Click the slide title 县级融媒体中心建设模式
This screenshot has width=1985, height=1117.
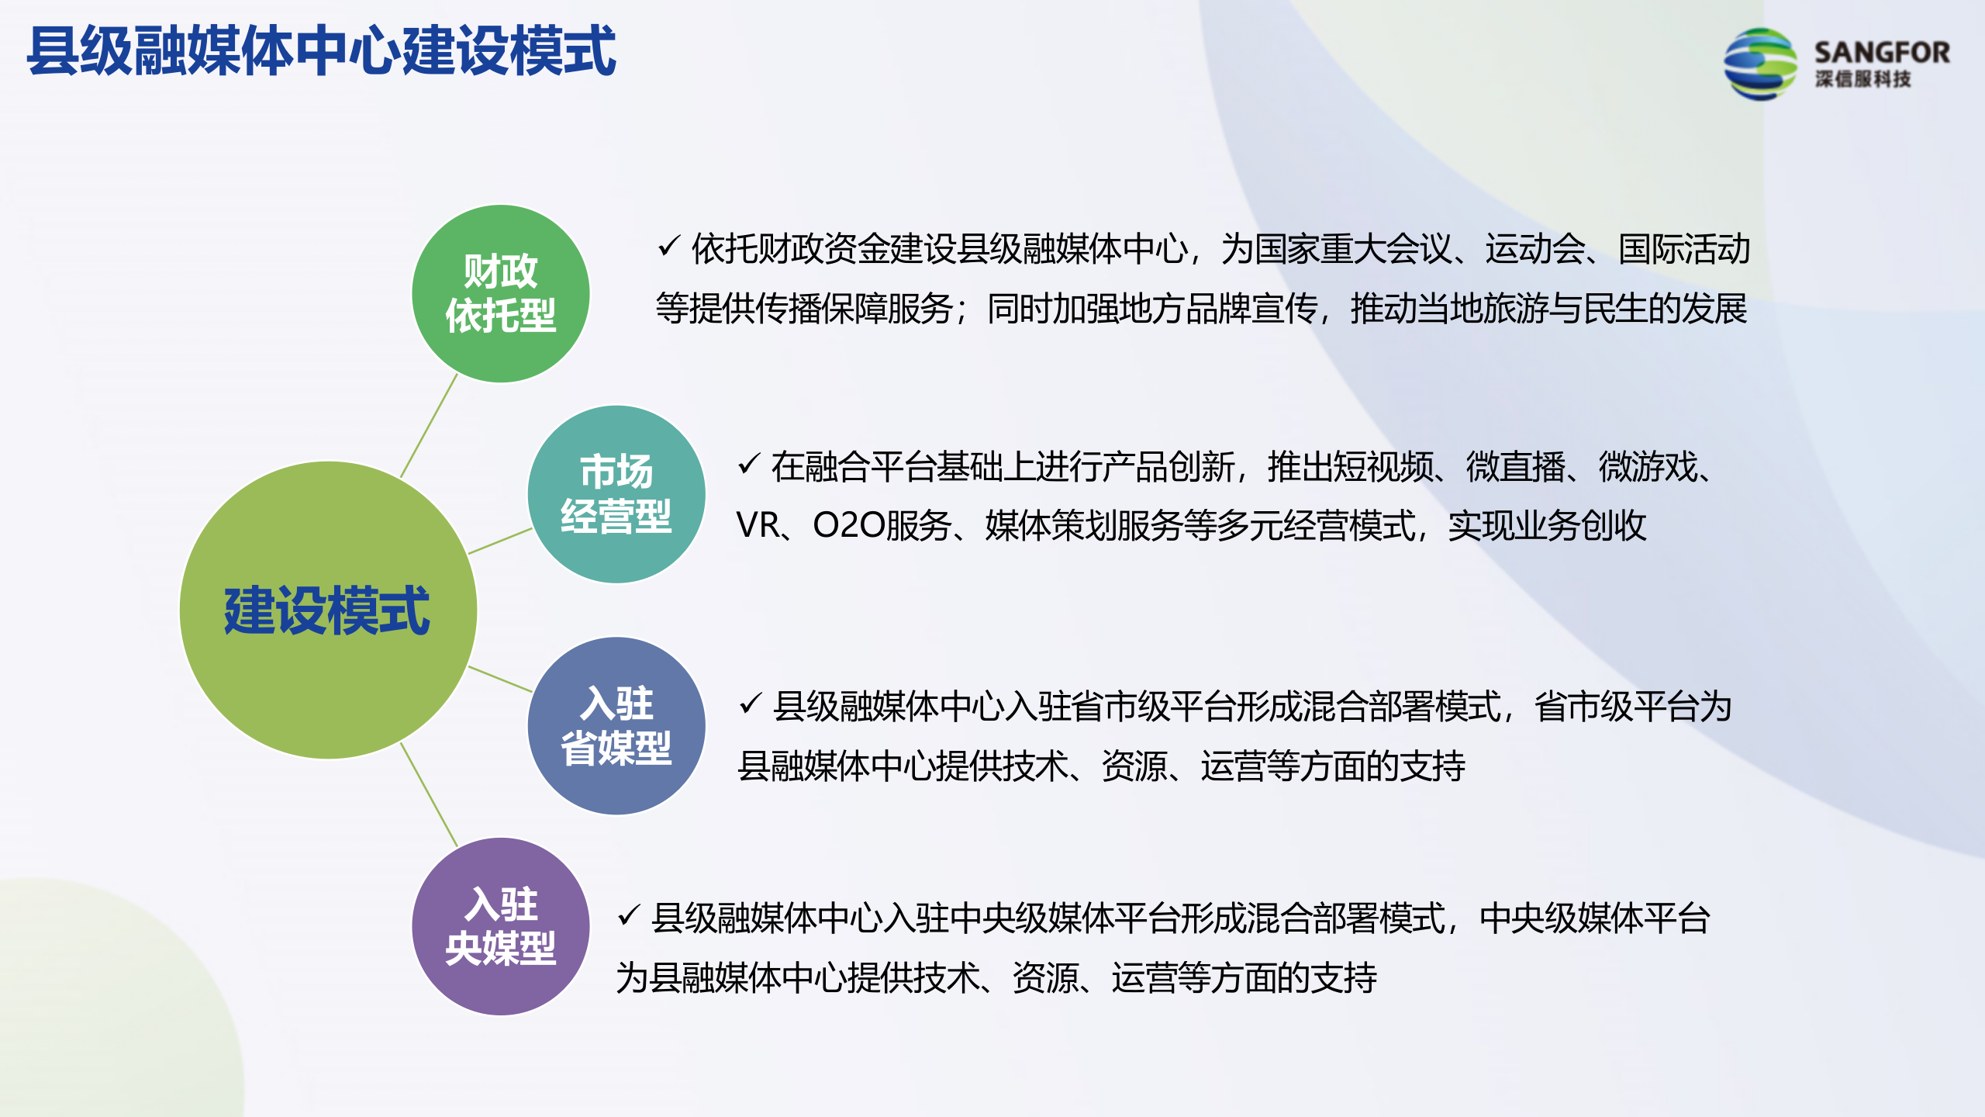(x=321, y=51)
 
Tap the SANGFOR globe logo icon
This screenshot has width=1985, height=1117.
(x=1759, y=64)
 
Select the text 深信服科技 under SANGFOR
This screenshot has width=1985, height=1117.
(x=1862, y=79)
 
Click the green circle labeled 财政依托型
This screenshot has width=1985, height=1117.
(x=500, y=293)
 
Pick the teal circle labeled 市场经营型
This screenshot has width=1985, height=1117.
(x=616, y=494)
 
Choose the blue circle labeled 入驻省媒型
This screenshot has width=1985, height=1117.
(x=616, y=726)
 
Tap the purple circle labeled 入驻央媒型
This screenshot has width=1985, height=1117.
(x=500, y=926)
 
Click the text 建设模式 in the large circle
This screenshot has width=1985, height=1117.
(x=326, y=611)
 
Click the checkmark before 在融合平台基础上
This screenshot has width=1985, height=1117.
(x=749, y=464)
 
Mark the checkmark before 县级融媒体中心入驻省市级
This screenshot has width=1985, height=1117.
(x=751, y=704)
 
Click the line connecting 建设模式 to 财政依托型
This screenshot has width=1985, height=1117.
(x=429, y=425)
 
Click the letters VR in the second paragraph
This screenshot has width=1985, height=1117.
(x=758, y=525)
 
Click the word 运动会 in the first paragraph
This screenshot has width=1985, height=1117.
(x=1534, y=249)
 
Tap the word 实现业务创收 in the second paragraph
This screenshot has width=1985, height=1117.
(x=1547, y=525)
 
